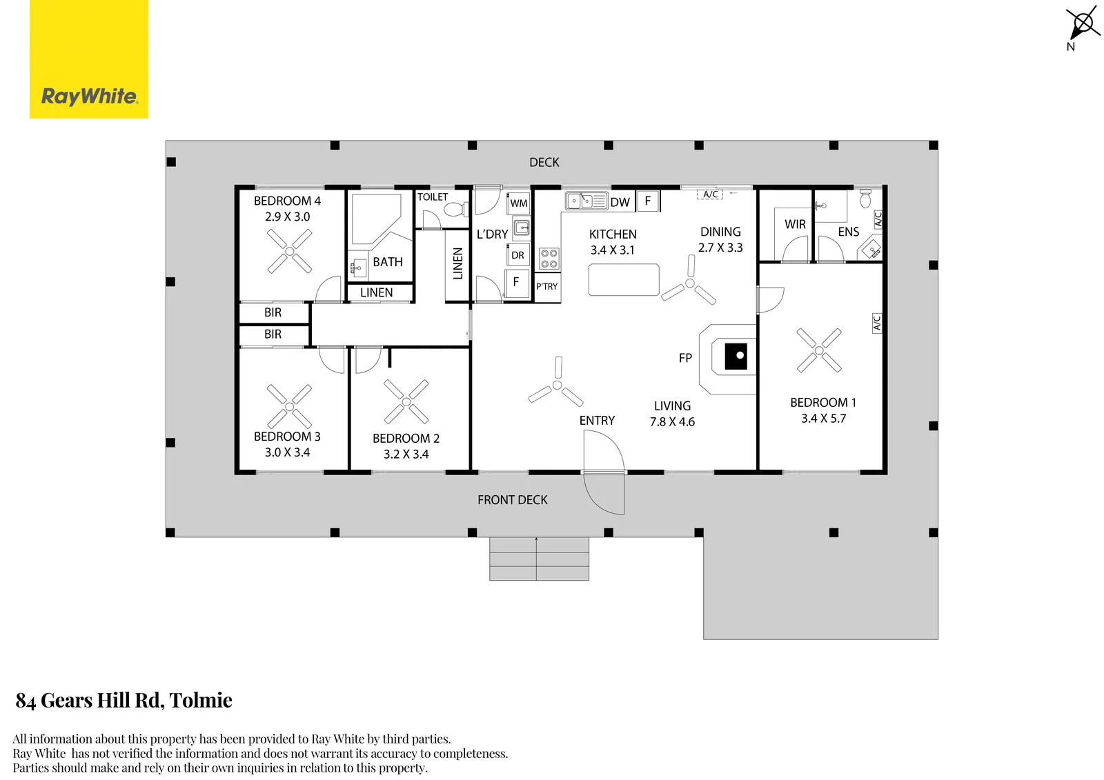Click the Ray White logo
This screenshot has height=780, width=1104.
tap(89, 59)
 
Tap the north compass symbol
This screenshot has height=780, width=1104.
tap(1083, 26)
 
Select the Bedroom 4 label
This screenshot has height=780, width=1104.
tap(287, 201)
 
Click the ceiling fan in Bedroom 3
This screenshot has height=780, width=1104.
tap(289, 406)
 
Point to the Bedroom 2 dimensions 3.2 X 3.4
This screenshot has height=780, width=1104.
tap(406, 454)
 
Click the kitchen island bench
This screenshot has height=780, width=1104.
tap(624, 280)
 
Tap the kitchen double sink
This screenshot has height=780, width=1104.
tap(586, 201)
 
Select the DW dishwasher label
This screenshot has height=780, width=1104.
tap(620, 202)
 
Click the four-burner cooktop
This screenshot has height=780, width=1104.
tap(549, 259)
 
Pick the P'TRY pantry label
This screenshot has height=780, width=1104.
tap(547, 286)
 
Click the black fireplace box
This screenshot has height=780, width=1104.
tap(736, 357)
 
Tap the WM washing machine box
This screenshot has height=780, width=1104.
tap(518, 203)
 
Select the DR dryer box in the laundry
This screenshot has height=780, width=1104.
tap(518, 255)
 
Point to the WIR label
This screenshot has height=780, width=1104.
tap(795, 224)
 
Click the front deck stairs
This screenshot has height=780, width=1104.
tap(539, 559)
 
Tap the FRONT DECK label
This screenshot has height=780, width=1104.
tap(513, 499)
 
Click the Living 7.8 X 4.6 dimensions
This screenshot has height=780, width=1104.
tap(672, 422)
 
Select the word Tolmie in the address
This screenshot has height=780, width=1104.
tap(201, 700)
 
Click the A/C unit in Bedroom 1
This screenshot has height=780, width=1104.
tap(877, 323)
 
